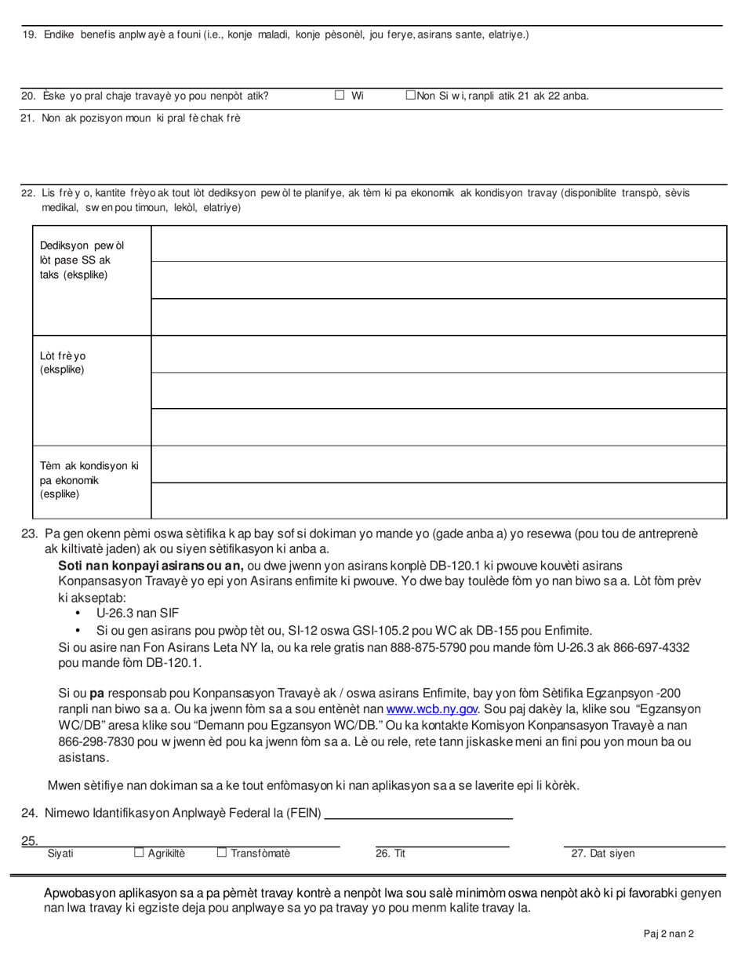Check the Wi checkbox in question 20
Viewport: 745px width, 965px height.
[x=340, y=96]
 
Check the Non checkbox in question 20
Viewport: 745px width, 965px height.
[x=410, y=96]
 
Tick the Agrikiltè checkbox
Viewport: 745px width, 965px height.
[x=139, y=852]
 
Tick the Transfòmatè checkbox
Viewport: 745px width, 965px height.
[x=222, y=852]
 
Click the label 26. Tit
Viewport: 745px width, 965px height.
[x=390, y=854]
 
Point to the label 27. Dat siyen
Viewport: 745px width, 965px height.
[x=601, y=854]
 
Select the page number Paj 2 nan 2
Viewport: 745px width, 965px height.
[x=668, y=934]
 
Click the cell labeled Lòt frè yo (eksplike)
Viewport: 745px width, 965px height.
[x=91, y=389]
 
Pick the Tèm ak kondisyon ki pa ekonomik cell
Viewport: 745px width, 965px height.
[x=91, y=481]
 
